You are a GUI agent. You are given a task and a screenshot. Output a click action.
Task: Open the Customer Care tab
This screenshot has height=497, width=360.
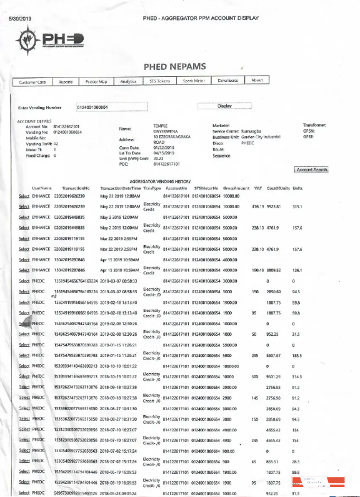32,82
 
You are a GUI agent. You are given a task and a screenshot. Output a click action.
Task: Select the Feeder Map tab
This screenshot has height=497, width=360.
96,82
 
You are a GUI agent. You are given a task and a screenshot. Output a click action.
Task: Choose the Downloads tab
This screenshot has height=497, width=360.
227,81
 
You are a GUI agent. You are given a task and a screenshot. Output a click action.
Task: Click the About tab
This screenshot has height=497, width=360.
257,81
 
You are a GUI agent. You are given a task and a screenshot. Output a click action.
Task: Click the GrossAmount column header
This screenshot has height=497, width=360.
237,188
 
